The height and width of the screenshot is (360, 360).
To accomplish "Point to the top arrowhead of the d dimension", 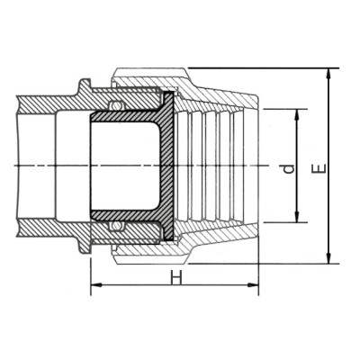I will [x=296, y=113].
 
